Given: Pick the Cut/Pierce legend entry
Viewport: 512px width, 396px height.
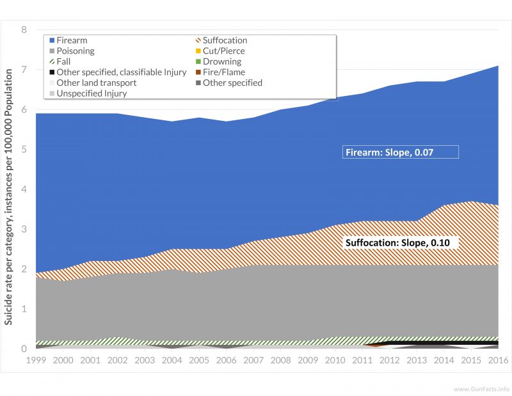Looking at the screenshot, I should click(x=220, y=51).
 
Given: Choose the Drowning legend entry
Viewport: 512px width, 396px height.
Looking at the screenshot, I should click(x=218, y=61).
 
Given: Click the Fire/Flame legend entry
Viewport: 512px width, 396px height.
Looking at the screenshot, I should click(x=219, y=72).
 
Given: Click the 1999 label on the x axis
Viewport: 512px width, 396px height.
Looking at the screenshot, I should click(x=36, y=361).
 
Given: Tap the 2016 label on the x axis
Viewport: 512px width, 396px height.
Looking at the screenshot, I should click(x=498, y=361).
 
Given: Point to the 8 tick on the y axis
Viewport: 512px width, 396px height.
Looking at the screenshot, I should click(x=24, y=30).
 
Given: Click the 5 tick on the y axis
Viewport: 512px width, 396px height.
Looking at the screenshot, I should click(x=24, y=150).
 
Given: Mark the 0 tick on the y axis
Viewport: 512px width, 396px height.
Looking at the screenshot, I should click(x=24, y=349).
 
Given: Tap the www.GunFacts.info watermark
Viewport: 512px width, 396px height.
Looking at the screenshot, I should click(x=481, y=389).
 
